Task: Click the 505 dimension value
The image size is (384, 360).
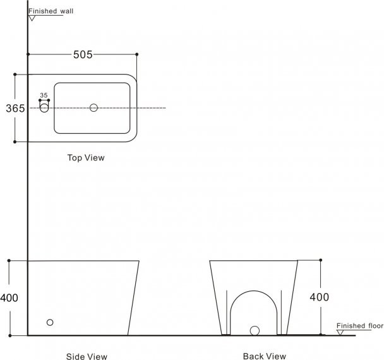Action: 83,54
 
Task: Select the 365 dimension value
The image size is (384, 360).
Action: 15,108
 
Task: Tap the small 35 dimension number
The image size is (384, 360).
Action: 44,95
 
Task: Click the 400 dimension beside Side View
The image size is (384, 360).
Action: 9,298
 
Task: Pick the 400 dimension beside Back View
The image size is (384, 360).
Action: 320,297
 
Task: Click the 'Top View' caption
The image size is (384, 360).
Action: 86,157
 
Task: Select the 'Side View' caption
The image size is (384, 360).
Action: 87,356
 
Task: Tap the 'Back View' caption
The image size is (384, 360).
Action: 265,356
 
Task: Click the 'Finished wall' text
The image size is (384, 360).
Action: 51,11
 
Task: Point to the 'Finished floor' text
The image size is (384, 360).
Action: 360,326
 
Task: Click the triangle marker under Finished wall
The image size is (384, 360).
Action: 32,18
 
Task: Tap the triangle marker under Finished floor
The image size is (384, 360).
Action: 340,333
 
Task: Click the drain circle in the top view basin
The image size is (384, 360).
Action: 93,108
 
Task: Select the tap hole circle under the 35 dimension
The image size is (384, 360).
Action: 44,108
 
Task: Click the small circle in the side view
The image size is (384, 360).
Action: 50,322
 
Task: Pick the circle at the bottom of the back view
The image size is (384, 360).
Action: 255,330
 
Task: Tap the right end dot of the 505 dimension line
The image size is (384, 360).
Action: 136,54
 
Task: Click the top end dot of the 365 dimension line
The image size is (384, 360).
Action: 15,74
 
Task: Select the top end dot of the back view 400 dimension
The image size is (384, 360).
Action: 321,260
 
